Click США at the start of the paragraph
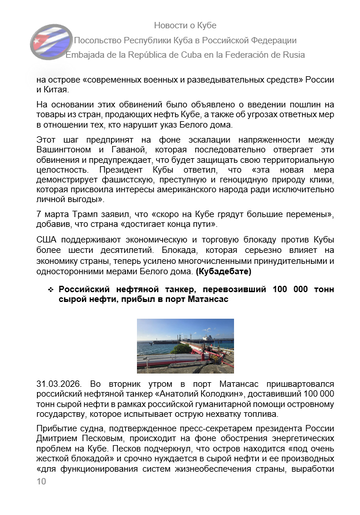click(x=48, y=269)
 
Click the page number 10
click(x=41, y=509)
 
